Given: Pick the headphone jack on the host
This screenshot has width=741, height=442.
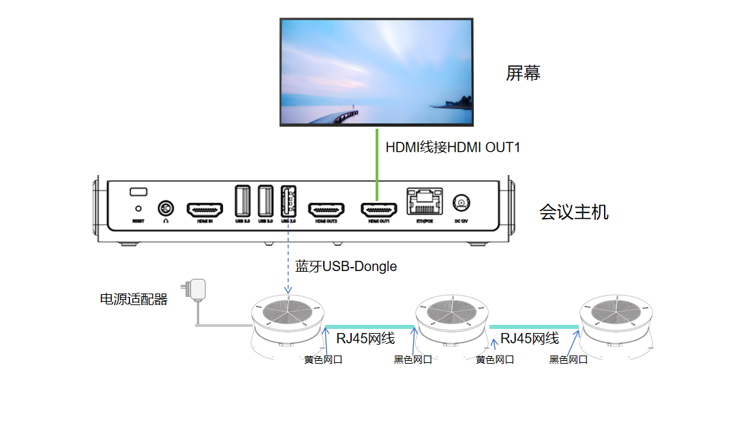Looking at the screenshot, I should (x=165, y=207).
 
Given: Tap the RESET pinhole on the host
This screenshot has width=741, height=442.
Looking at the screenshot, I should (x=139, y=208).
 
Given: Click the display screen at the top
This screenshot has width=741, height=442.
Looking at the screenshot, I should (x=376, y=72).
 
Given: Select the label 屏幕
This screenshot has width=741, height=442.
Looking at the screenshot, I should (x=523, y=74).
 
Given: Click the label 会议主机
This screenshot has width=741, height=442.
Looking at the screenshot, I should (x=573, y=212).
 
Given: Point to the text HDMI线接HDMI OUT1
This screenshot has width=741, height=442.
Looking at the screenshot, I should (x=453, y=147).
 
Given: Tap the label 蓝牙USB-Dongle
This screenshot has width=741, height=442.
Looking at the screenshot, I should (x=346, y=266).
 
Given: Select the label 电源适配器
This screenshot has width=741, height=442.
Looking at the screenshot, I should (x=134, y=299).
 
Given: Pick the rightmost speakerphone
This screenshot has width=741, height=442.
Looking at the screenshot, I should (x=615, y=320).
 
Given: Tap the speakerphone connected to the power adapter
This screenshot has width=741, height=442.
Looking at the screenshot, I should (x=289, y=320).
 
